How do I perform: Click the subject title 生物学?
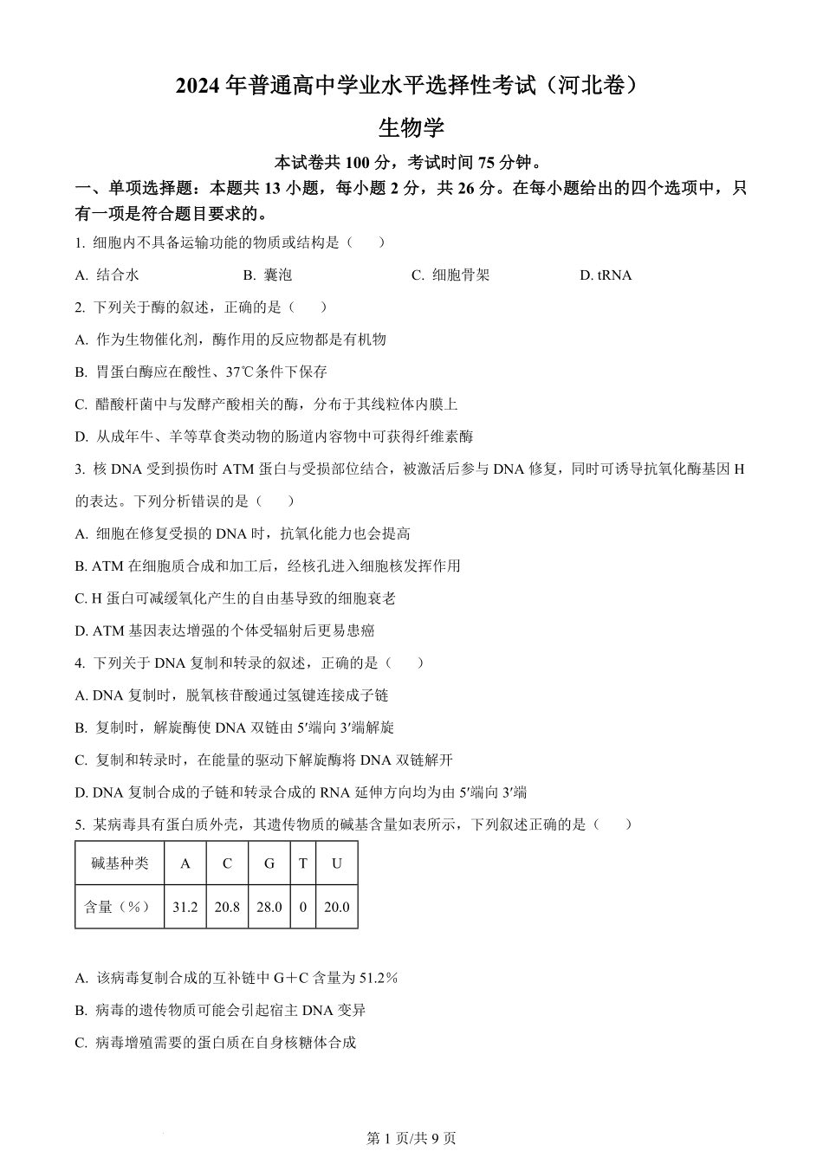(411, 128)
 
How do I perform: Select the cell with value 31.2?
(185, 907)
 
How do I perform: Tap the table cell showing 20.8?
(227, 907)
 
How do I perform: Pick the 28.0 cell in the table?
(269, 907)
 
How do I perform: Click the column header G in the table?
(269, 863)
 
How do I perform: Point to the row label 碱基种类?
(120, 863)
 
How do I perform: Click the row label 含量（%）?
(120, 907)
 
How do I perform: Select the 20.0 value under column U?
(336, 907)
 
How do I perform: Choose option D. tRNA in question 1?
(606, 275)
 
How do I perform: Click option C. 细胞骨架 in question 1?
(450, 275)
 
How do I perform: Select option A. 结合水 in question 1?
(107, 275)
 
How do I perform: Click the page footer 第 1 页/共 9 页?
(411, 1138)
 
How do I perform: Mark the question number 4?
(79, 663)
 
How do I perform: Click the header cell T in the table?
(303, 863)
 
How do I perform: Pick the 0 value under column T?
(303, 907)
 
